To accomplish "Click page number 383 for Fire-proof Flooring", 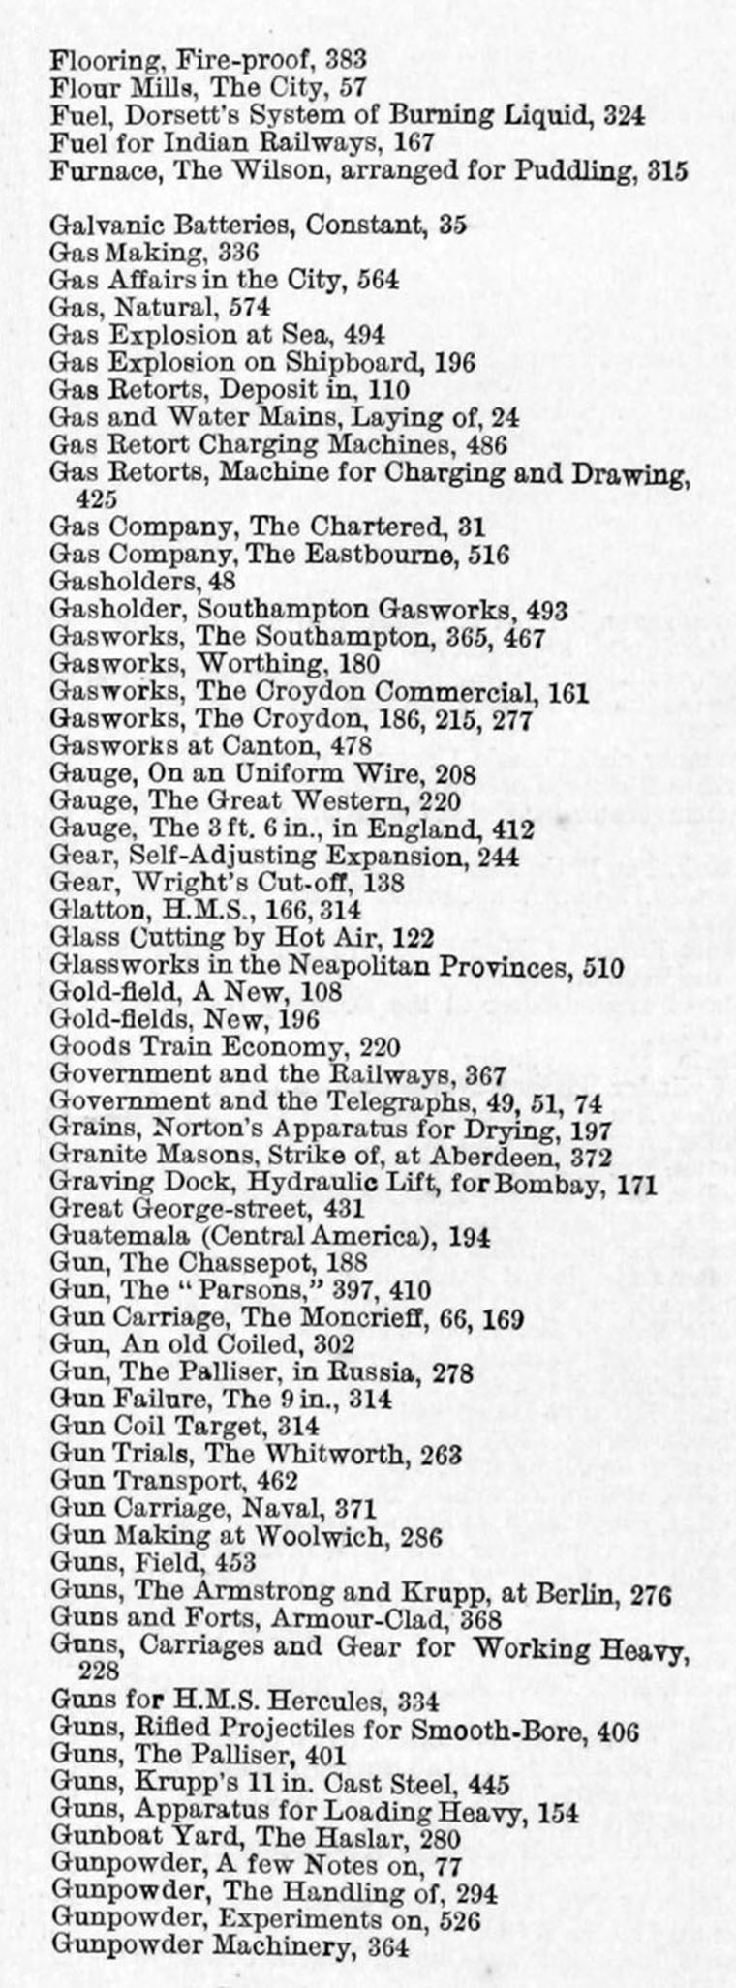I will click(x=346, y=59).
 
